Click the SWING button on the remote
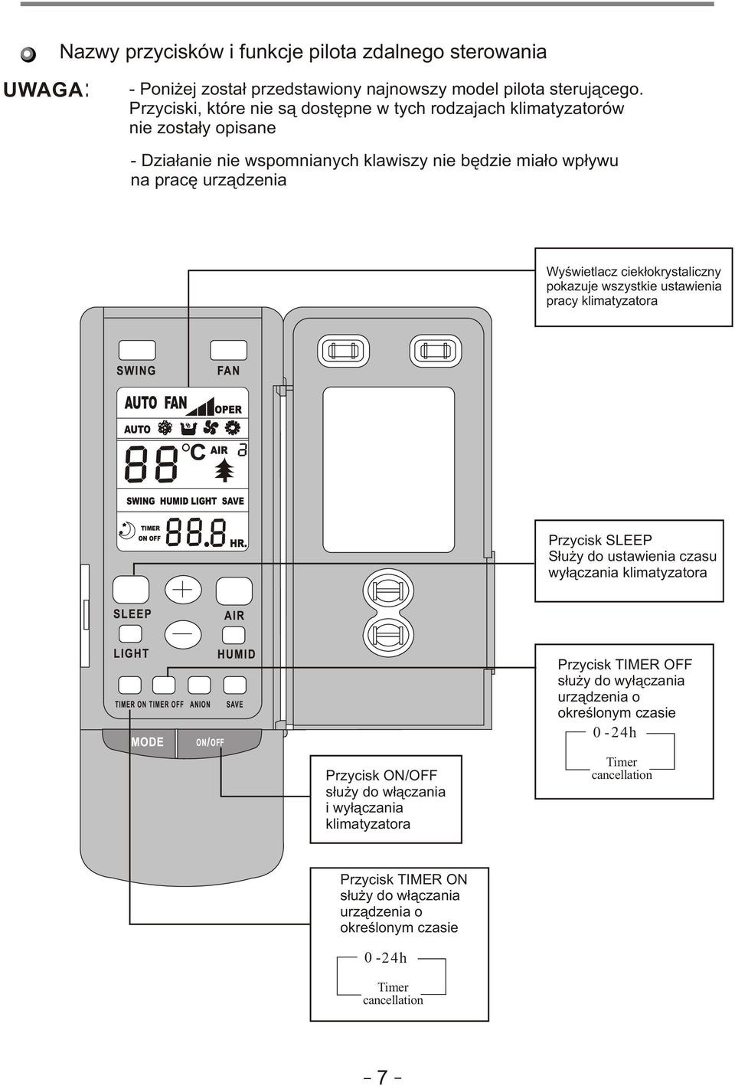tap(137, 350)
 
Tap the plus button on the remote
tap(183, 590)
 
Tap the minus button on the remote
tap(183, 634)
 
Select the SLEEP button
tap(131, 590)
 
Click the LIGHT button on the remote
tap(130, 634)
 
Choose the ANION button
tap(199, 685)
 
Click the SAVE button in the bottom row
tap(235, 685)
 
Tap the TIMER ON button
tap(130, 685)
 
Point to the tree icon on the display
tap(224, 470)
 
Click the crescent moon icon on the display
tap(127, 530)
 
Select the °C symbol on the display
tap(193, 452)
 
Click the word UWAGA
tap(43, 90)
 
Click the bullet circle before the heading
tap(28, 54)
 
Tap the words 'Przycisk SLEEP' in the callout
tap(599, 540)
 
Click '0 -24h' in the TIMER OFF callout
tap(614, 732)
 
